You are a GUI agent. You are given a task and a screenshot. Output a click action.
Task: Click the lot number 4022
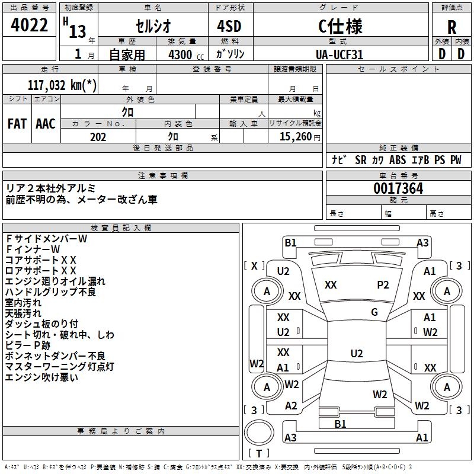(30, 26)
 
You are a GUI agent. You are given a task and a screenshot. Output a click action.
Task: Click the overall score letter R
(451, 27)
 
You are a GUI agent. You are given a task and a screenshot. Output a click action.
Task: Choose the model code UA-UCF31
(340, 55)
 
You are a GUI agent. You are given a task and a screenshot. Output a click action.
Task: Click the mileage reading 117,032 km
(62, 85)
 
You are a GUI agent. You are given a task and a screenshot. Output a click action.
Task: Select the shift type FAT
(17, 124)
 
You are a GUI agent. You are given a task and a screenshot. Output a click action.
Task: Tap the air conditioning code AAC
(46, 124)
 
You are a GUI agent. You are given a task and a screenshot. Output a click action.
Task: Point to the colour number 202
(98, 137)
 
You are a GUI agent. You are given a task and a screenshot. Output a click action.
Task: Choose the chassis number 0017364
(398, 188)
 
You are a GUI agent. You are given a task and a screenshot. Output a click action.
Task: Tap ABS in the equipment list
(398, 160)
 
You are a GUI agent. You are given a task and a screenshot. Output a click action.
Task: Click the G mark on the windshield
(374, 312)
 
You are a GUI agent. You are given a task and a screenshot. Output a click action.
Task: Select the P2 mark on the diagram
(383, 285)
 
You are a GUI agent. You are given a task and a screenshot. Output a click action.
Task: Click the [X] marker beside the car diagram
(255, 265)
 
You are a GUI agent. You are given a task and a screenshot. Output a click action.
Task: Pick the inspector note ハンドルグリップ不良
(50, 292)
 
